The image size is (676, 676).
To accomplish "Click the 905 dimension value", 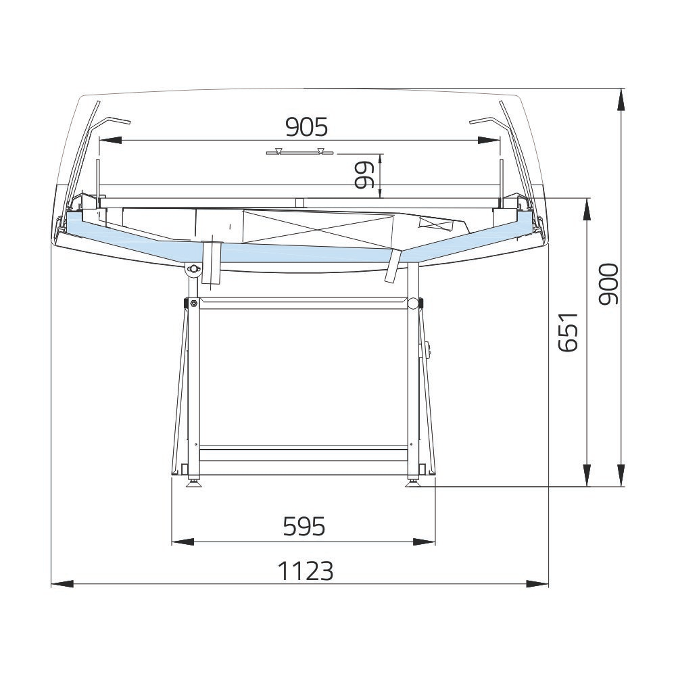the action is pyautogui.click(x=306, y=127).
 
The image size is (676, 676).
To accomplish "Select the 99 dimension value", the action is pyautogui.click(x=364, y=176).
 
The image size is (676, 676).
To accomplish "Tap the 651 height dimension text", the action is pyautogui.click(x=567, y=332).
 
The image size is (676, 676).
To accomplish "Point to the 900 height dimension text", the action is pyautogui.click(x=609, y=284).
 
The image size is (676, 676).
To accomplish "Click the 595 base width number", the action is pyautogui.click(x=304, y=527).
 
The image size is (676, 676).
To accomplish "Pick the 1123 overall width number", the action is pyautogui.click(x=306, y=571).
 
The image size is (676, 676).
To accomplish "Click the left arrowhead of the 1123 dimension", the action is pyautogui.click(x=62, y=584).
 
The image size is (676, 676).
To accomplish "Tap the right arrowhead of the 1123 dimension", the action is pyautogui.click(x=537, y=584).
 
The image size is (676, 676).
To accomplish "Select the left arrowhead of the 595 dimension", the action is pyautogui.click(x=183, y=542).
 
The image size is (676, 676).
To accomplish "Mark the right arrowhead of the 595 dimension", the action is pyautogui.click(x=425, y=542).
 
